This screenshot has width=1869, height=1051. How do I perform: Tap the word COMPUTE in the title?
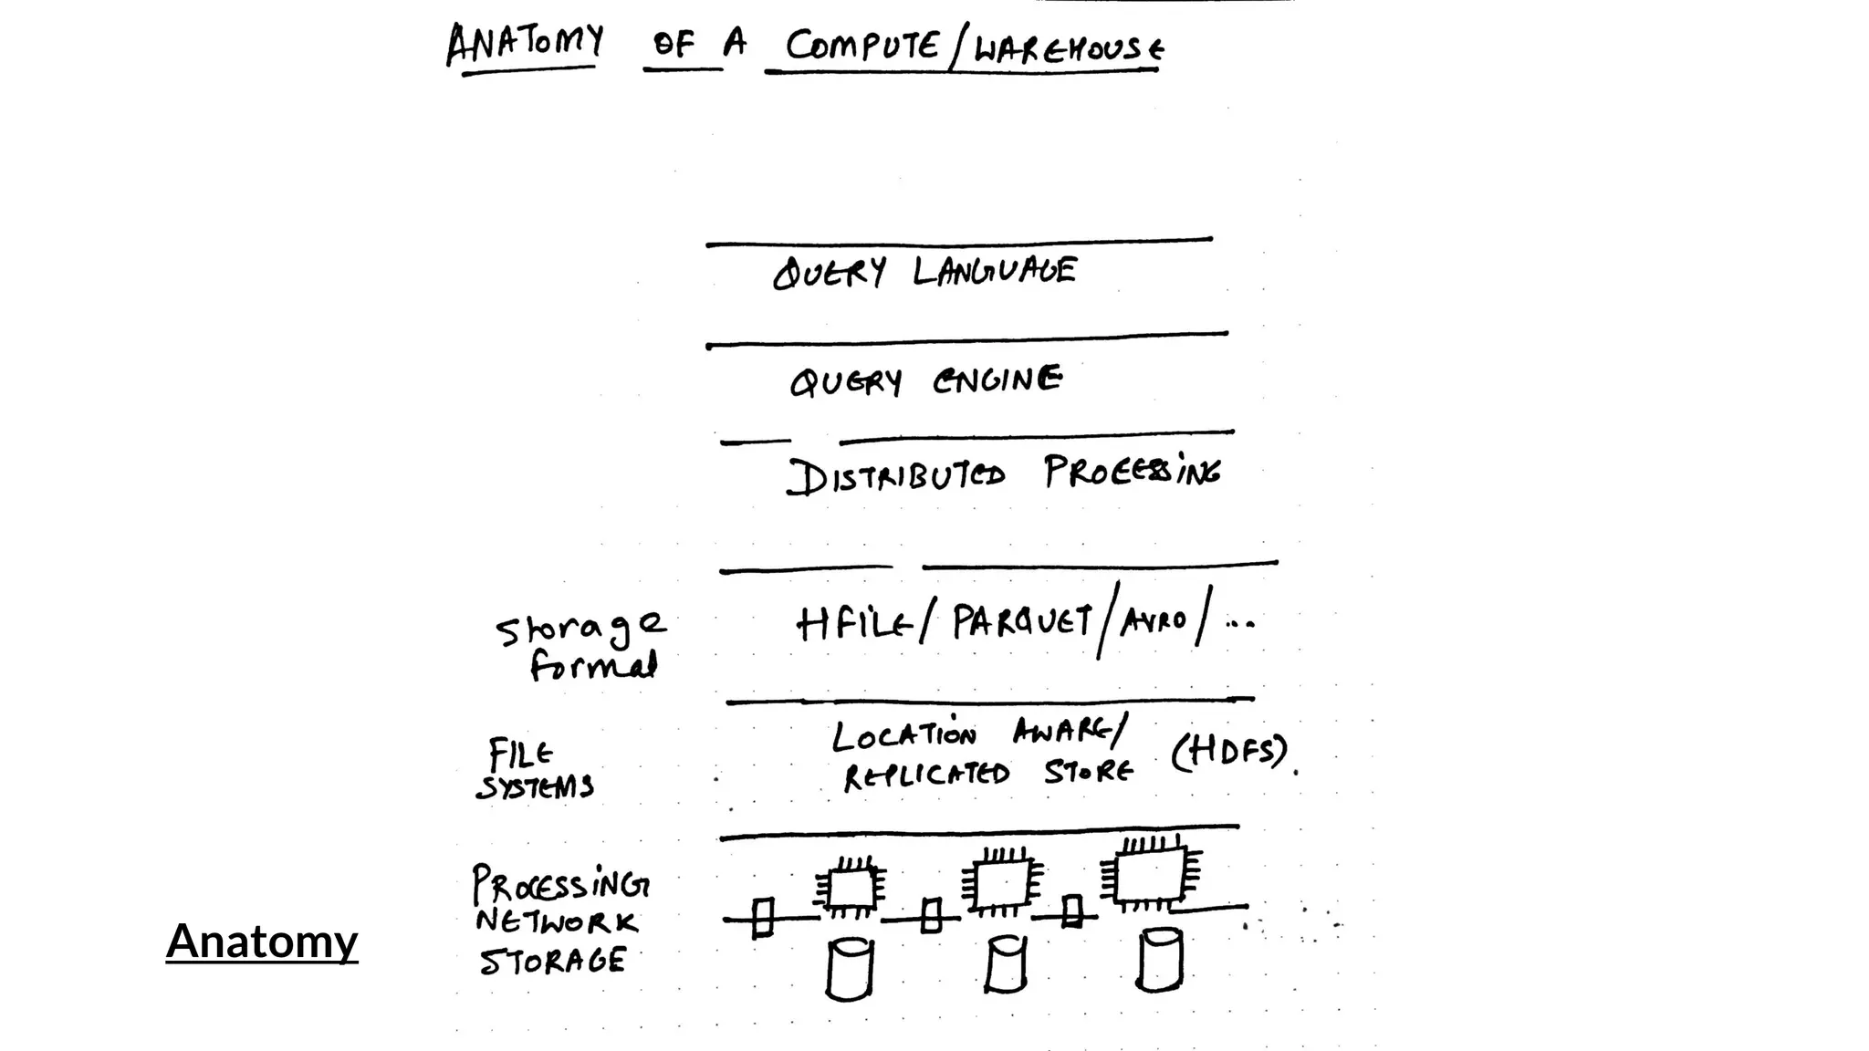(861, 45)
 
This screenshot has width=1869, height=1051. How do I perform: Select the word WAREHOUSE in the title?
(1069, 47)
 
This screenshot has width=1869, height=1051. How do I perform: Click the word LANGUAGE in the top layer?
(995, 271)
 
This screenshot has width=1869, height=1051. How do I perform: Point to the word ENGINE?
(997, 379)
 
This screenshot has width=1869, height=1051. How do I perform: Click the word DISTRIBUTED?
(896, 475)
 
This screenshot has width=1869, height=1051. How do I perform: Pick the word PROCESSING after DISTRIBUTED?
(1132, 472)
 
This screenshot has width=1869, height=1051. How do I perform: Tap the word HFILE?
(854, 624)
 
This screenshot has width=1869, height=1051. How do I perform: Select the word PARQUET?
(1021, 622)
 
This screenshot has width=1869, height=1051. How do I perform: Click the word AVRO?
(1154, 621)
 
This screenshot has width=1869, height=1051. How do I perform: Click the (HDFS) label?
(1229, 752)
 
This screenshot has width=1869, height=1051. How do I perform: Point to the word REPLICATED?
(926, 775)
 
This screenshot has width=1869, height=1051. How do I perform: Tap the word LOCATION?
(903, 735)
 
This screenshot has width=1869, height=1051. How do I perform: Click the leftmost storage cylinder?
(850, 970)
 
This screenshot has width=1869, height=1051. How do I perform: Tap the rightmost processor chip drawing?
(1151, 873)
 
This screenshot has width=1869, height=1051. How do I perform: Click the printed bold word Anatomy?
(262, 941)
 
